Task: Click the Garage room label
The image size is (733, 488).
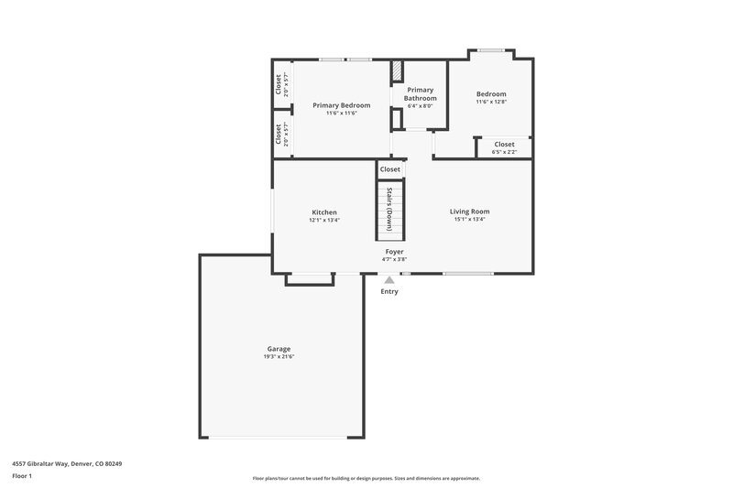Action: [279, 349]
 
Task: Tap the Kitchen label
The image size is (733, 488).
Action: [324, 212]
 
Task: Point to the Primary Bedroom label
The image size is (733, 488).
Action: [341, 105]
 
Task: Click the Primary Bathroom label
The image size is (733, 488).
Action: [420, 93]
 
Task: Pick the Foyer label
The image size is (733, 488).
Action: [394, 251]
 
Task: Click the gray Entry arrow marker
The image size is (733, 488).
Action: [389, 280]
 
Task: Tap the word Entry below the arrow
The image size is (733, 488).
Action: [389, 292]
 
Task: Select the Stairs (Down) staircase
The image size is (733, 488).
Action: [390, 210]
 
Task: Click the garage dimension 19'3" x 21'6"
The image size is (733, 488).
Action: [279, 356]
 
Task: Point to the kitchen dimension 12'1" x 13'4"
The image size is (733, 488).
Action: [324, 220]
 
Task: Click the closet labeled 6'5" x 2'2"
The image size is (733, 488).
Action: [504, 147]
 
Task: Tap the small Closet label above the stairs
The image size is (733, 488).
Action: [390, 169]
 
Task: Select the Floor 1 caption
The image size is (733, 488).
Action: [23, 477]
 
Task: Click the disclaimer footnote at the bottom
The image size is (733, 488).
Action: [366, 478]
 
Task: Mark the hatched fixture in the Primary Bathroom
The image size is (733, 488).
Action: [397, 70]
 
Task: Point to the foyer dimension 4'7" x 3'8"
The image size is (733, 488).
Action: [394, 259]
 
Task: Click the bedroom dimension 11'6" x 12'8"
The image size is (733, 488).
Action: [490, 102]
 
